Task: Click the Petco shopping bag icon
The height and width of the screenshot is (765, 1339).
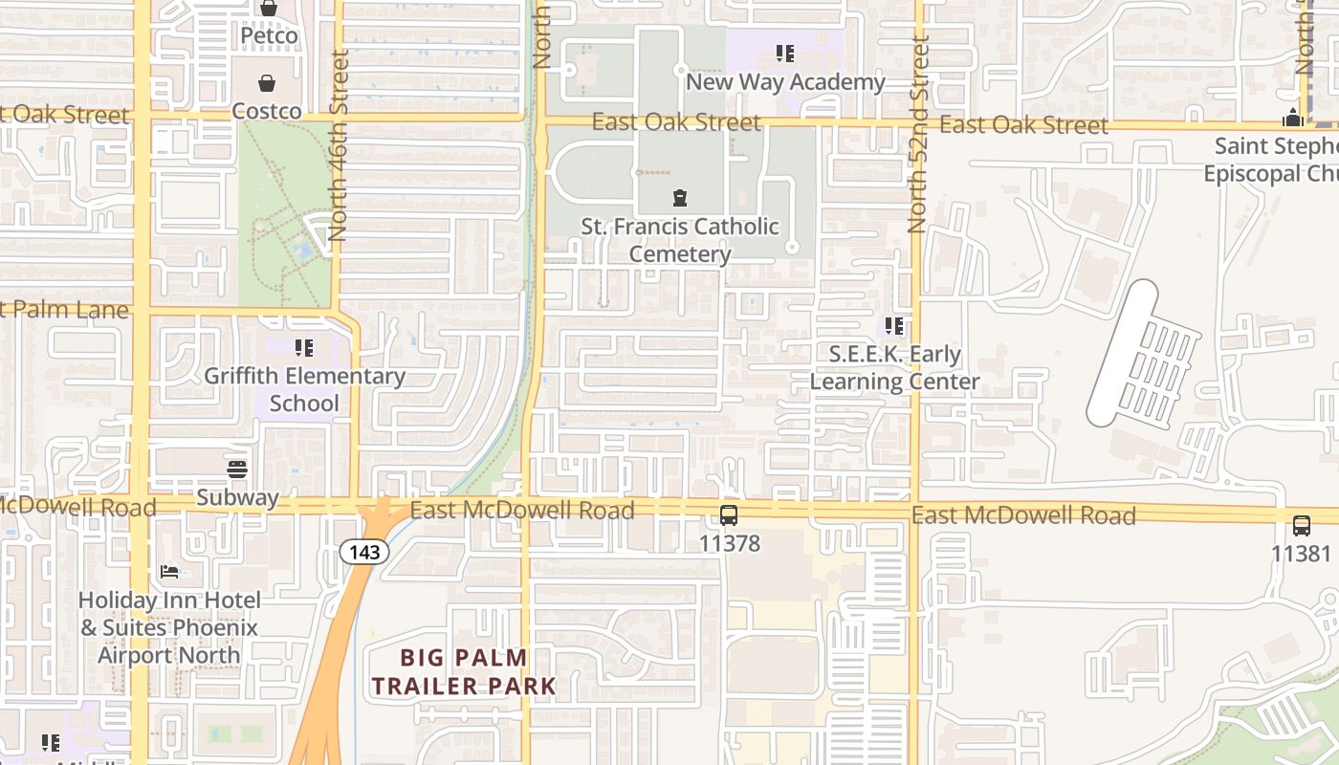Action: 269,9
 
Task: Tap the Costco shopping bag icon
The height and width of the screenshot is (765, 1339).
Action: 267,83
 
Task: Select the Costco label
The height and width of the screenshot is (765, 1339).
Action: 267,111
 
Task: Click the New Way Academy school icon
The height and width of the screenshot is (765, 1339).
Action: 785,54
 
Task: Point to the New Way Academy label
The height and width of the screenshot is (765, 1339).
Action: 785,82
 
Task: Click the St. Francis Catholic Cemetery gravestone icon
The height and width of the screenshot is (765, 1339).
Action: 679,199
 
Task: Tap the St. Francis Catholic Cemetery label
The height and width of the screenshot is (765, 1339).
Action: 680,240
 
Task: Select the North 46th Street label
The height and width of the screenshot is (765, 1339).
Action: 339,144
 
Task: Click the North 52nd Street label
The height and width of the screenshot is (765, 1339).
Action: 918,134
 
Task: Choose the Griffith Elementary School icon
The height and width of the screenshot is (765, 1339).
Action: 304,348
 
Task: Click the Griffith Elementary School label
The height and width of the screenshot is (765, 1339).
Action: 304,389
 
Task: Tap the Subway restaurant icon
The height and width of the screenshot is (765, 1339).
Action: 237,470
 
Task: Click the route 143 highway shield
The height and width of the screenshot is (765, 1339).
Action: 364,552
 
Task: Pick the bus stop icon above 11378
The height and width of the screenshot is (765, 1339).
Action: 729,516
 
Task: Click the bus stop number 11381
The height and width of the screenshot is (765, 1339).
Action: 1301,553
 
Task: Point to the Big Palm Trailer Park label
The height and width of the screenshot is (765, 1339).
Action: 464,671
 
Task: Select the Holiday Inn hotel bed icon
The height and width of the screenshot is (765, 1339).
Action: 169,572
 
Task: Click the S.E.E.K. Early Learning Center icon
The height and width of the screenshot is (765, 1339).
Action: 894,327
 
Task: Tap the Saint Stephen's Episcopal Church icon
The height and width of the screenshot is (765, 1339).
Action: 1293,119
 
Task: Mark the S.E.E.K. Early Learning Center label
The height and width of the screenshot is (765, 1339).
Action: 894,368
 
